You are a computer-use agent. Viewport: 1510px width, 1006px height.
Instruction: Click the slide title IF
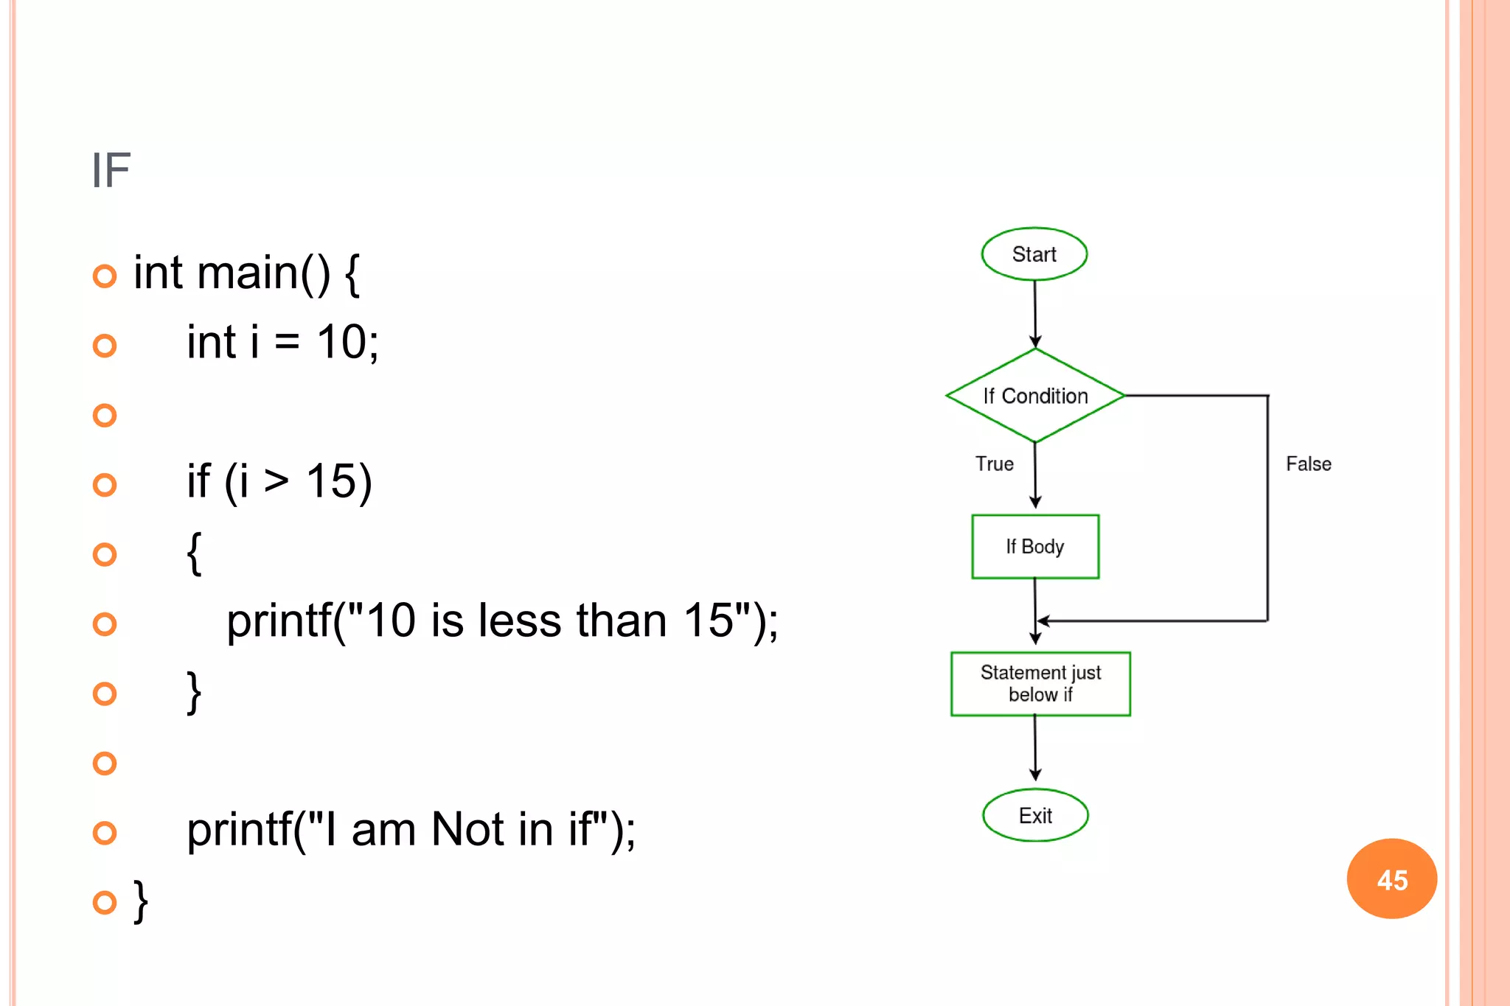[111, 171]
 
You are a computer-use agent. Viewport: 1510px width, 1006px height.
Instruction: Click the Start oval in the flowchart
[1034, 254]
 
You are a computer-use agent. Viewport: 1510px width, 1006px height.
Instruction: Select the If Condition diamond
[1035, 396]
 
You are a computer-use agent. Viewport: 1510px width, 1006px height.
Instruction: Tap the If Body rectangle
[1035, 547]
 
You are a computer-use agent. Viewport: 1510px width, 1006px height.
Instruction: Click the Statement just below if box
[1040, 684]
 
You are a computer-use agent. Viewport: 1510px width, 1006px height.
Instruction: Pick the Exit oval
[1035, 815]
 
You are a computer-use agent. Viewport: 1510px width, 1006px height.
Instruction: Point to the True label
[994, 464]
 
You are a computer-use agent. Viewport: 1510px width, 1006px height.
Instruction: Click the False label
[1308, 464]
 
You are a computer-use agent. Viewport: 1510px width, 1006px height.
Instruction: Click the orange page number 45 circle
[1391, 879]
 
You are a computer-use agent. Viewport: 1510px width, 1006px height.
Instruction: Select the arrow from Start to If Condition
[1035, 313]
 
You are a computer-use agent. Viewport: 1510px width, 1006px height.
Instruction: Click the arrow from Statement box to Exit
[1035, 748]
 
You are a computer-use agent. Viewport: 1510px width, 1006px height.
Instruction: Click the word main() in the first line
[264, 273]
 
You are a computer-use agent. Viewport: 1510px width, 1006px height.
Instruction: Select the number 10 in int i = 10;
[341, 343]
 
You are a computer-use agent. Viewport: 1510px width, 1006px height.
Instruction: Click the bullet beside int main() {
[105, 276]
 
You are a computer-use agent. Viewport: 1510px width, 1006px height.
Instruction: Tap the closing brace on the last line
[140, 901]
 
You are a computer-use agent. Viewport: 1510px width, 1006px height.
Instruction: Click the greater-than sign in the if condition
[276, 481]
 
